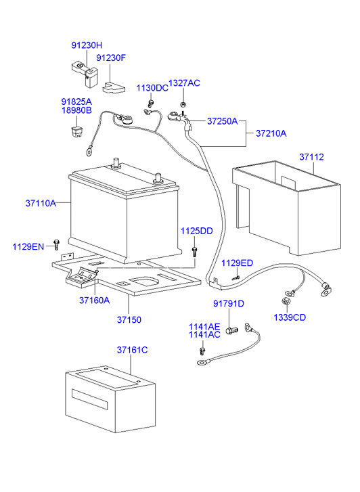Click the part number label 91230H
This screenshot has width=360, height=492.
coord(87,45)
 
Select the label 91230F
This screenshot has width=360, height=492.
coord(111,58)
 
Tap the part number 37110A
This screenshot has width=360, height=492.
coord(41,202)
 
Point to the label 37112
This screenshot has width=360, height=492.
coord(312,157)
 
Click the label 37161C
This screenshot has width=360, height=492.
coord(132,350)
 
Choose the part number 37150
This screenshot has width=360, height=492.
coord(130,318)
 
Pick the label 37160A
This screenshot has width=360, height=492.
coord(94,300)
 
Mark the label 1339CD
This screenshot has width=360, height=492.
coord(290,317)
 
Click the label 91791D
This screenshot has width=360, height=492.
coord(229,304)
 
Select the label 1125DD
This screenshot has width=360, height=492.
coord(196,231)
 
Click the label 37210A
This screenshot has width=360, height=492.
coord(271,133)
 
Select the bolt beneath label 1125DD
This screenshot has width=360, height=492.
coord(196,251)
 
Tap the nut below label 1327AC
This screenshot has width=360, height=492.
coord(183,104)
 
